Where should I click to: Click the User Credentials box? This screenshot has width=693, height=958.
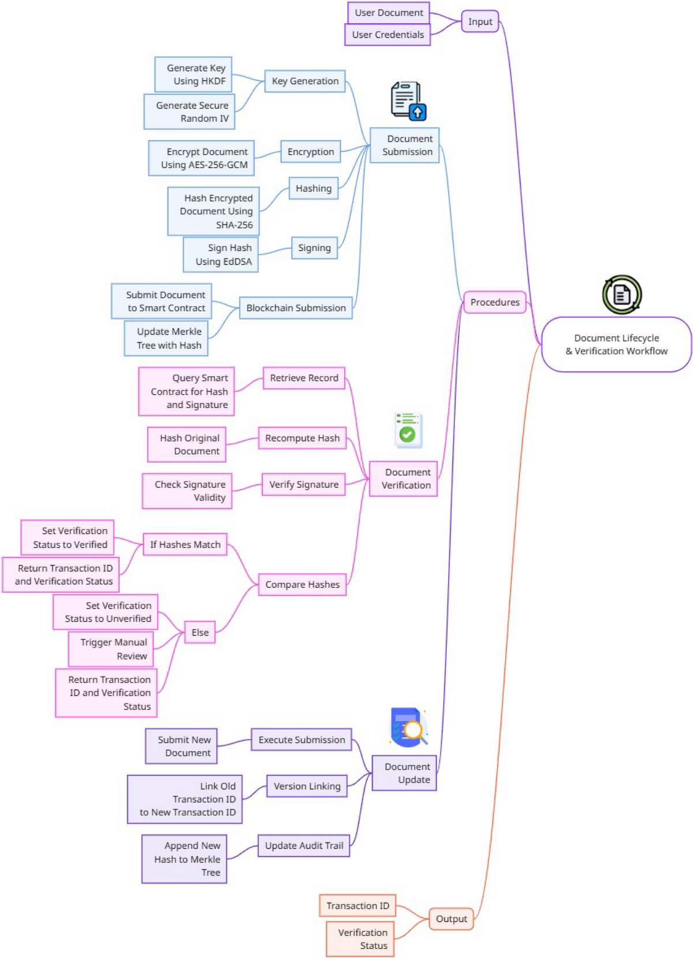pos(388,35)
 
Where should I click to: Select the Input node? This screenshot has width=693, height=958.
pos(480,22)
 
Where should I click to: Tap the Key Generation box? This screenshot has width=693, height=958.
pos(305,81)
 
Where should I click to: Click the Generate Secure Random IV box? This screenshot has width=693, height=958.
pos(189,112)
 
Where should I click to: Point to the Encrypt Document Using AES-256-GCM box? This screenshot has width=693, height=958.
pos(202,158)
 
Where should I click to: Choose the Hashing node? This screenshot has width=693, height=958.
pos(314,188)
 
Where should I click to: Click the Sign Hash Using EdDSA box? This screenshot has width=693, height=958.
pos(221,255)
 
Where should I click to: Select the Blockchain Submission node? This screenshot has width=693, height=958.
pos(296,308)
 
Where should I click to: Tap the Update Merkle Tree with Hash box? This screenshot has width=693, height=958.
pos(166,339)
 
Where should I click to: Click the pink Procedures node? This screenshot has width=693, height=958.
pos(495,302)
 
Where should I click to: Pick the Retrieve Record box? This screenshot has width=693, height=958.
pos(304,378)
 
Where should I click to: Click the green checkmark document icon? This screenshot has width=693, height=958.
pos(408,430)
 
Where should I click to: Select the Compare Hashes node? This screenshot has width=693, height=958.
pos(302,585)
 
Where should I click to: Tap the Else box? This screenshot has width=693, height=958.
pos(200,633)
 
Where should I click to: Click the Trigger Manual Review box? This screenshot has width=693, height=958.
pos(111,649)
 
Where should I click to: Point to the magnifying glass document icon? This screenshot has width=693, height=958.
pos(408,727)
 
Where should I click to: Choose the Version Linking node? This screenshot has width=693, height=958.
pos(307,786)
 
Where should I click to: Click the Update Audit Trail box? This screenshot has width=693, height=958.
pos(304,846)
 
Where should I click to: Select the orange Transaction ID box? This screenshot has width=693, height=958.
pos(357,906)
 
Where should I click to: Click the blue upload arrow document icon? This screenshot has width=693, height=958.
pos(408,101)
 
